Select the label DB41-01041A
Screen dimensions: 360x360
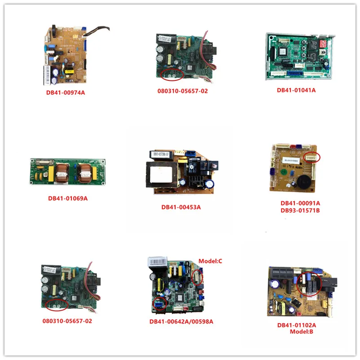pyautogui.click(x=296, y=90)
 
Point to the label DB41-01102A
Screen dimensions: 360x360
pyautogui.click(x=296, y=325)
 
